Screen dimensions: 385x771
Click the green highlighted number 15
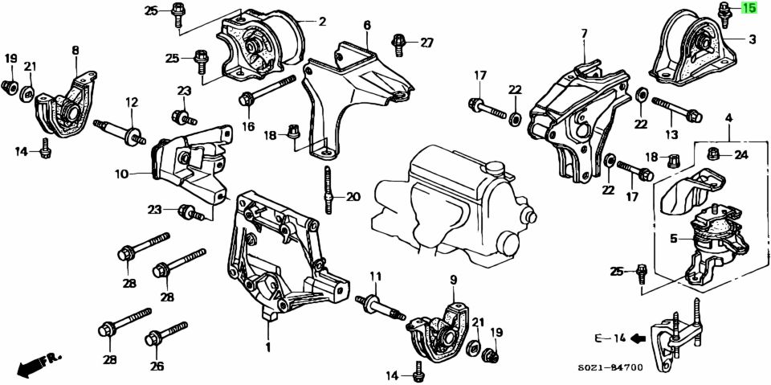click(749, 9)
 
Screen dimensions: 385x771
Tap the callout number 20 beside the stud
click(353, 196)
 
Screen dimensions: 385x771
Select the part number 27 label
click(426, 43)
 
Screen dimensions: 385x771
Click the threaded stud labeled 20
click(328, 190)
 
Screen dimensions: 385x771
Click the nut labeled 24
click(712, 154)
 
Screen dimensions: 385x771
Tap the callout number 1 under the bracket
click(268, 347)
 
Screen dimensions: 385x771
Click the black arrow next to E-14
click(638, 338)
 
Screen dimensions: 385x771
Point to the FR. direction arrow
click(33, 366)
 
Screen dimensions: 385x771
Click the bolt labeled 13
click(677, 109)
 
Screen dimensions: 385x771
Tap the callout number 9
click(453, 280)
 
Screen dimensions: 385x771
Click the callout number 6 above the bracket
click(367, 25)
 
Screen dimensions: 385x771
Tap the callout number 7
click(584, 34)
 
